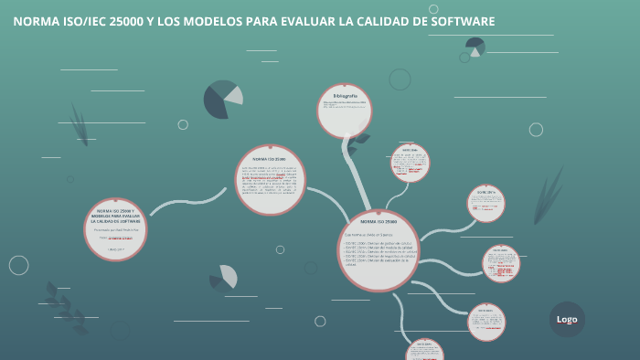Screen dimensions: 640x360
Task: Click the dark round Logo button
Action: tap(567, 319)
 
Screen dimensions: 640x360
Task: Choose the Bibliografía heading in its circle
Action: tap(345, 96)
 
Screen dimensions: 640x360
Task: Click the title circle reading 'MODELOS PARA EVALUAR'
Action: tap(115, 228)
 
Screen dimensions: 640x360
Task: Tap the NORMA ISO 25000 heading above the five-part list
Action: tap(379, 221)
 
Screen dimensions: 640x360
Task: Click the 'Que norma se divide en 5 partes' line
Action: tap(366, 236)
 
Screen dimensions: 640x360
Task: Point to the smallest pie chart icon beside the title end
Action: tap(475, 46)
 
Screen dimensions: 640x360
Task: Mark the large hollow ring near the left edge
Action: tap(19, 265)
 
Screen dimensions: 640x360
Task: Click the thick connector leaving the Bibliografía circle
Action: tap(353, 164)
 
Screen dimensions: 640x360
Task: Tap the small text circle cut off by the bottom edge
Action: tap(424, 350)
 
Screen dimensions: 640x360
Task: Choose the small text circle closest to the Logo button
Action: tap(486, 322)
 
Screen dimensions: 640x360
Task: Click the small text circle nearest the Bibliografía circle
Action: tap(410, 163)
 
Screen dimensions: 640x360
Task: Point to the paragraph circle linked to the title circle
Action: tap(270, 180)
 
